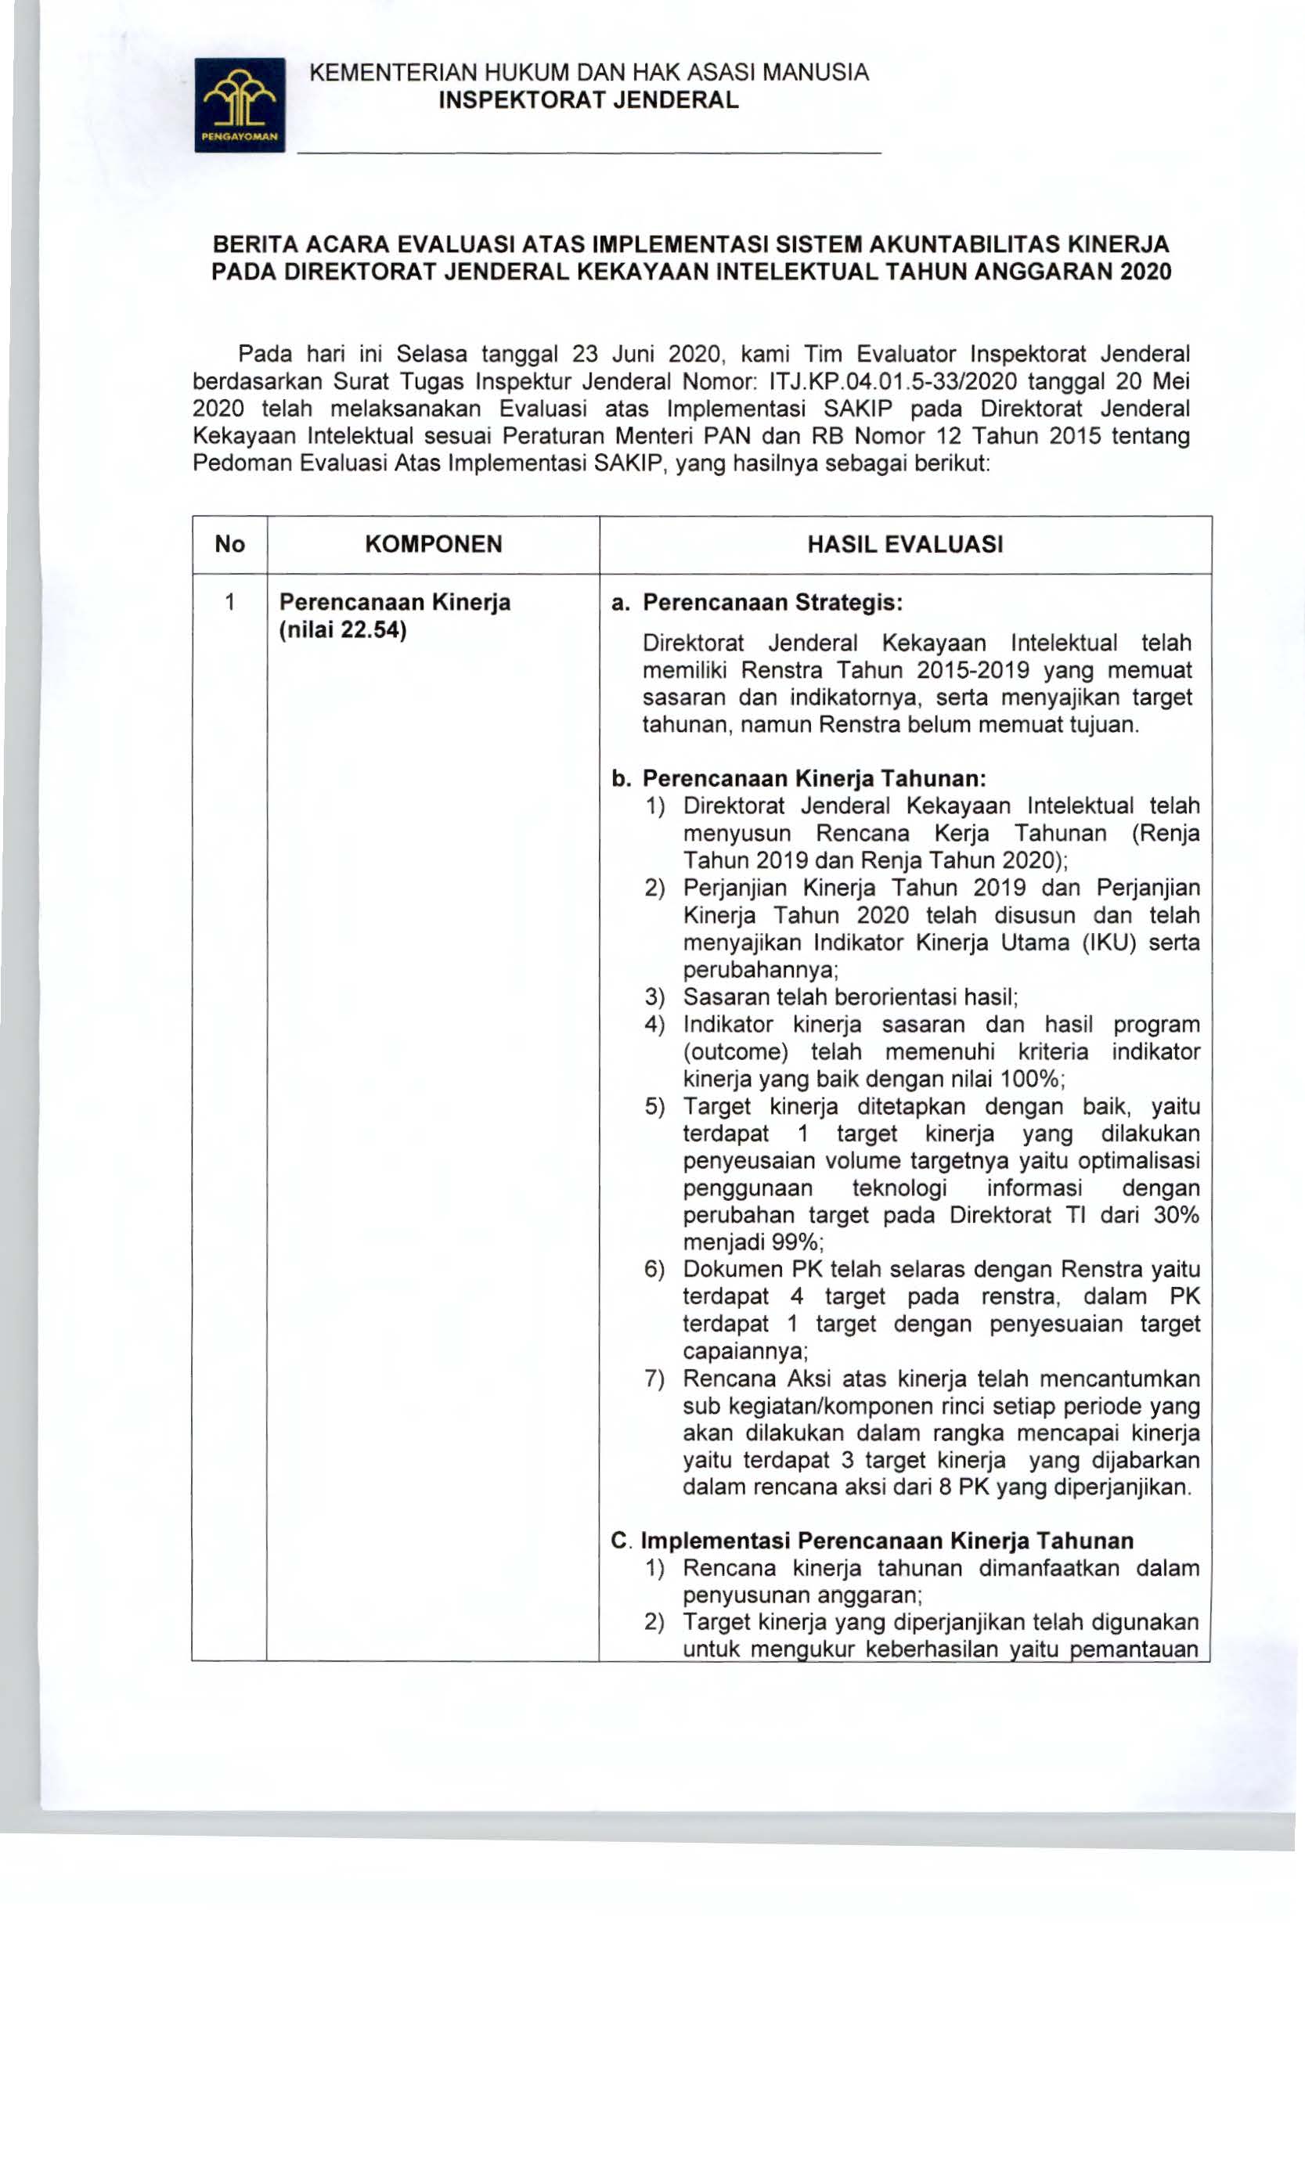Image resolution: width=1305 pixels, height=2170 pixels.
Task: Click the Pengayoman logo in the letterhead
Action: click(x=240, y=105)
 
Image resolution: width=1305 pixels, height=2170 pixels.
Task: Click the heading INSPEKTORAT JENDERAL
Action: click(x=588, y=100)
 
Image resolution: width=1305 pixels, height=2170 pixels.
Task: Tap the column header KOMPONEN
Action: click(x=434, y=544)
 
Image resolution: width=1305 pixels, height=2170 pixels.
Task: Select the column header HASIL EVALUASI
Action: click(x=905, y=544)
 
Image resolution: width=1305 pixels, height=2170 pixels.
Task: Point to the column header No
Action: click(x=229, y=544)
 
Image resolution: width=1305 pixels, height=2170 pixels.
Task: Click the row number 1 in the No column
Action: click(x=229, y=602)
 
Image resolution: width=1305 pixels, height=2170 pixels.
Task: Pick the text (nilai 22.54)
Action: click(x=343, y=630)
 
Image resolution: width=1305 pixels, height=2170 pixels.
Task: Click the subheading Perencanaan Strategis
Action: click(x=772, y=603)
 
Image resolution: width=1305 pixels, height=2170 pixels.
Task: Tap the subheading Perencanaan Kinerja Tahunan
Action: click(x=813, y=778)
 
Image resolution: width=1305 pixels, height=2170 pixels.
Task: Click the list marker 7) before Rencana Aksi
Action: click(x=654, y=1379)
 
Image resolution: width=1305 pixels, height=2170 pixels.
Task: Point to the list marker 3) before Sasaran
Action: click(x=654, y=997)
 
